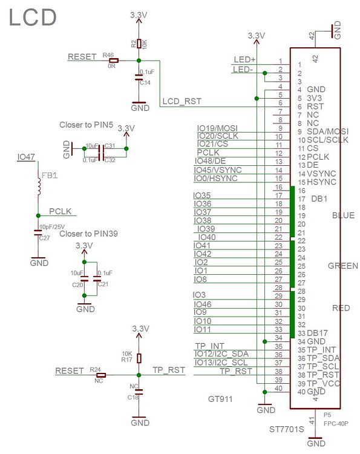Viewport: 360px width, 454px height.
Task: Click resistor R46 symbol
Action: tap(113, 61)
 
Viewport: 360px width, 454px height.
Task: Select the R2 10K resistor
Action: tap(139, 44)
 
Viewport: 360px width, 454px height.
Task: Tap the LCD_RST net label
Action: tap(182, 102)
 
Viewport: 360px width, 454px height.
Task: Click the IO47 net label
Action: tap(26, 157)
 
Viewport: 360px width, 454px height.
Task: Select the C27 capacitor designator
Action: tap(44, 239)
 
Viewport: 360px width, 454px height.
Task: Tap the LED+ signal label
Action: tap(244, 59)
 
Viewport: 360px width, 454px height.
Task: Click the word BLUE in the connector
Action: tap(343, 215)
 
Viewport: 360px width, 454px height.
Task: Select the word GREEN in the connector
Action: tap(342, 266)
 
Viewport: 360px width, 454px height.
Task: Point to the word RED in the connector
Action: tap(341, 308)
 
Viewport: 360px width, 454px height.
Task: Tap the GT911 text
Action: tap(221, 400)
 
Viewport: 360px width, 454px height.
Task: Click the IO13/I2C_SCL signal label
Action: tap(221, 363)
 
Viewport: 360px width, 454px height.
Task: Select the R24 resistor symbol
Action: tap(100, 375)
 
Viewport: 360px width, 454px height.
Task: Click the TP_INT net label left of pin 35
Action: tap(209, 346)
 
